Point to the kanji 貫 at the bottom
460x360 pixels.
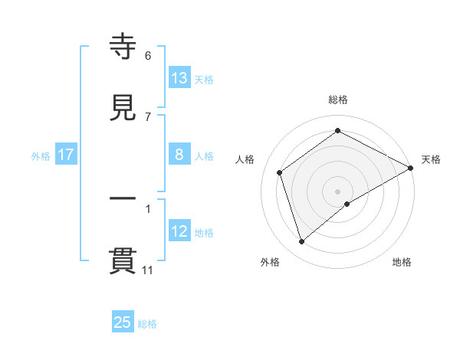click(123, 260)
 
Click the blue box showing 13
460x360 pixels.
click(179, 78)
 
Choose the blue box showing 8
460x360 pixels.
click(179, 155)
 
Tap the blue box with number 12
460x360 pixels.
click(179, 231)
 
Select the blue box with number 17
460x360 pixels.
click(66, 155)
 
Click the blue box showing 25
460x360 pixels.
click(123, 322)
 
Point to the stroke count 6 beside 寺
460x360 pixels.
click(148, 56)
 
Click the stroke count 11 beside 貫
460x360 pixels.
click(148, 270)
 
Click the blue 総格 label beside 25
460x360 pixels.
click(147, 324)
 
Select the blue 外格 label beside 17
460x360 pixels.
click(41, 156)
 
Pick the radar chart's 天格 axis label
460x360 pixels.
click(431, 159)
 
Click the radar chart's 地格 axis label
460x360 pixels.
click(402, 262)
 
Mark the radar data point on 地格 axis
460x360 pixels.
click(347, 204)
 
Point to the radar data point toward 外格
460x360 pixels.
click(302, 242)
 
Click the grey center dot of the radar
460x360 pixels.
click(338, 191)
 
